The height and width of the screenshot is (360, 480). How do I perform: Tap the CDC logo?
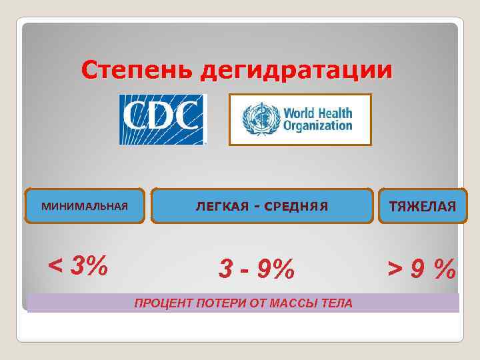coord(163,119)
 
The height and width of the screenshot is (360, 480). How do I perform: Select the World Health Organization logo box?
coord(300,119)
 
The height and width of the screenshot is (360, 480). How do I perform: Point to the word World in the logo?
coord(300,113)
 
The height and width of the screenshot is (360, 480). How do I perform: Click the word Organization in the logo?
coord(317,125)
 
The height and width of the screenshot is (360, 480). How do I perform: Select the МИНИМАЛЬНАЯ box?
coord(84,206)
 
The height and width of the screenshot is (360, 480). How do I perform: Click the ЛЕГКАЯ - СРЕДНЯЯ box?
coord(262,206)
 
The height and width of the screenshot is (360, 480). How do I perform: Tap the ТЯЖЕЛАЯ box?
coord(423,206)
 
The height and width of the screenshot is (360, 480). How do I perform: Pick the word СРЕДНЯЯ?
coord(296,206)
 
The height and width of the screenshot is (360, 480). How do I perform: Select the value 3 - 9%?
coord(257,269)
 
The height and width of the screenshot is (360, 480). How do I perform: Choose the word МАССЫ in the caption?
coord(293,303)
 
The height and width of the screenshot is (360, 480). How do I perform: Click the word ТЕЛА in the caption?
coord(337,303)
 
